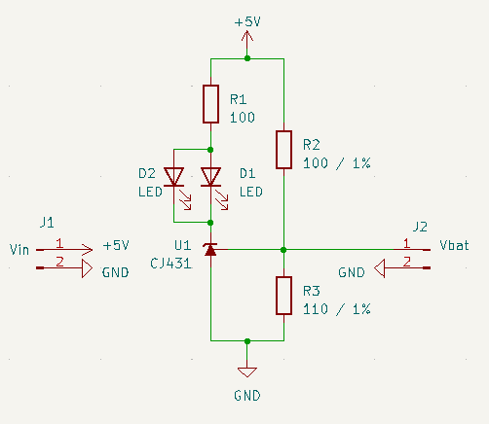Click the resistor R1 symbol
click(x=211, y=104)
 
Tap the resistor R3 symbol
click(x=283, y=296)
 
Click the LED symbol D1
click(x=211, y=177)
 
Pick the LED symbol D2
click(x=175, y=177)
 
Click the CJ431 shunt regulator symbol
click(x=211, y=250)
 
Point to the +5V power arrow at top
click(x=247, y=40)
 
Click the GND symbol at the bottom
click(x=247, y=371)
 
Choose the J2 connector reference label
click(x=421, y=226)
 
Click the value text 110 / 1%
click(x=337, y=308)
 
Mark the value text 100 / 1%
click(x=337, y=162)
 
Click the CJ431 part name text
click(x=171, y=264)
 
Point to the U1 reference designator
click(x=183, y=245)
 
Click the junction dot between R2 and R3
click(x=283, y=250)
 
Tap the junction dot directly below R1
click(x=211, y=149)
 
